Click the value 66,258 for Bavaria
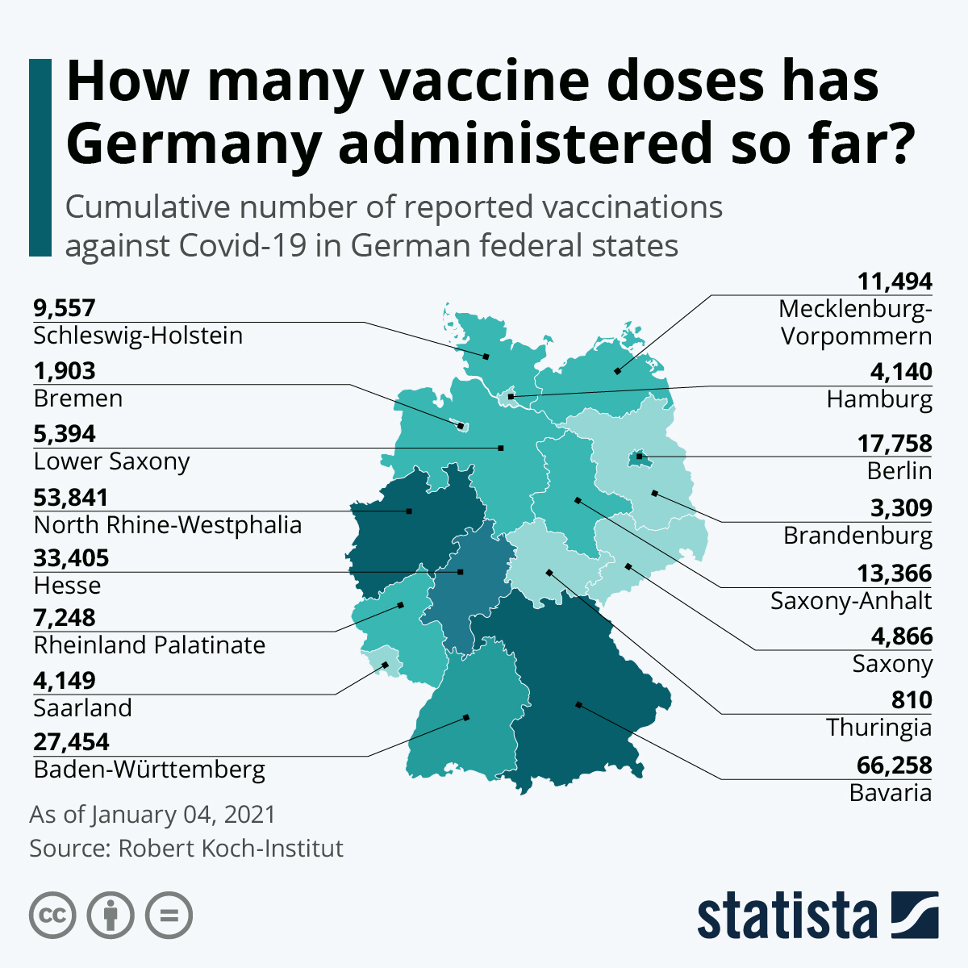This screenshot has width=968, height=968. [x=894, y=765]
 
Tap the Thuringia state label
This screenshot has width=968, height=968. [x=878, y=728]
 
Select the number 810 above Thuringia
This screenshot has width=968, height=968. [x=912, y=699]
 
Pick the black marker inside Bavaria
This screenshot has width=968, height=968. [x=578, y=705]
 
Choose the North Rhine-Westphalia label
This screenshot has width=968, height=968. [x=168, y=525]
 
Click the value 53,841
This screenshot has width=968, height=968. [x=71, y=497]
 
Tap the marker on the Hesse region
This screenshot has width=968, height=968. [x=461, y=572]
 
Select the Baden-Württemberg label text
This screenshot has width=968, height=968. [x=149, y=770]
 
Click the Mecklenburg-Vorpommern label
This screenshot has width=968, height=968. [x=855, y=323]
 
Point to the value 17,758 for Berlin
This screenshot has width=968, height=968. [x=894, y=444]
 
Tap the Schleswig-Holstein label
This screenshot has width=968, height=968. [x=138, y=336]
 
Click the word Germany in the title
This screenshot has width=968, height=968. [x=194, y=143]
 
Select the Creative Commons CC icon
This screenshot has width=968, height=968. [x=52, y=916]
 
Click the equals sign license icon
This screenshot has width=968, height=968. [x=169, y=916]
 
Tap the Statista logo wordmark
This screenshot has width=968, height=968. [x=786, y=916]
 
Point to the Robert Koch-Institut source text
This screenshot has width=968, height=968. [x=231, y=849]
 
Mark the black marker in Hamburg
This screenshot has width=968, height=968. [x=511, y=397]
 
